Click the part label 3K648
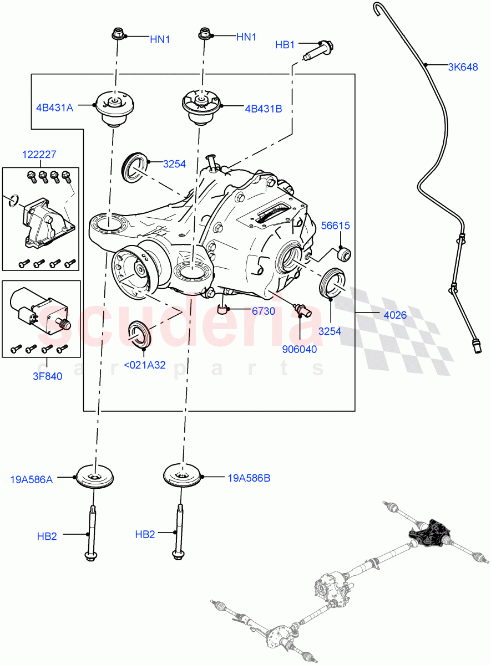[x=463, y=68]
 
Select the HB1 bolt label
[x=285, y=44]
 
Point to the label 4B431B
[x=263, y=109]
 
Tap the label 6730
[x=263, y=311]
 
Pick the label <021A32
[x=144, y=365]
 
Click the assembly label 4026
[x=394, y=315]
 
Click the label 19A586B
[x=249, y=478]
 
